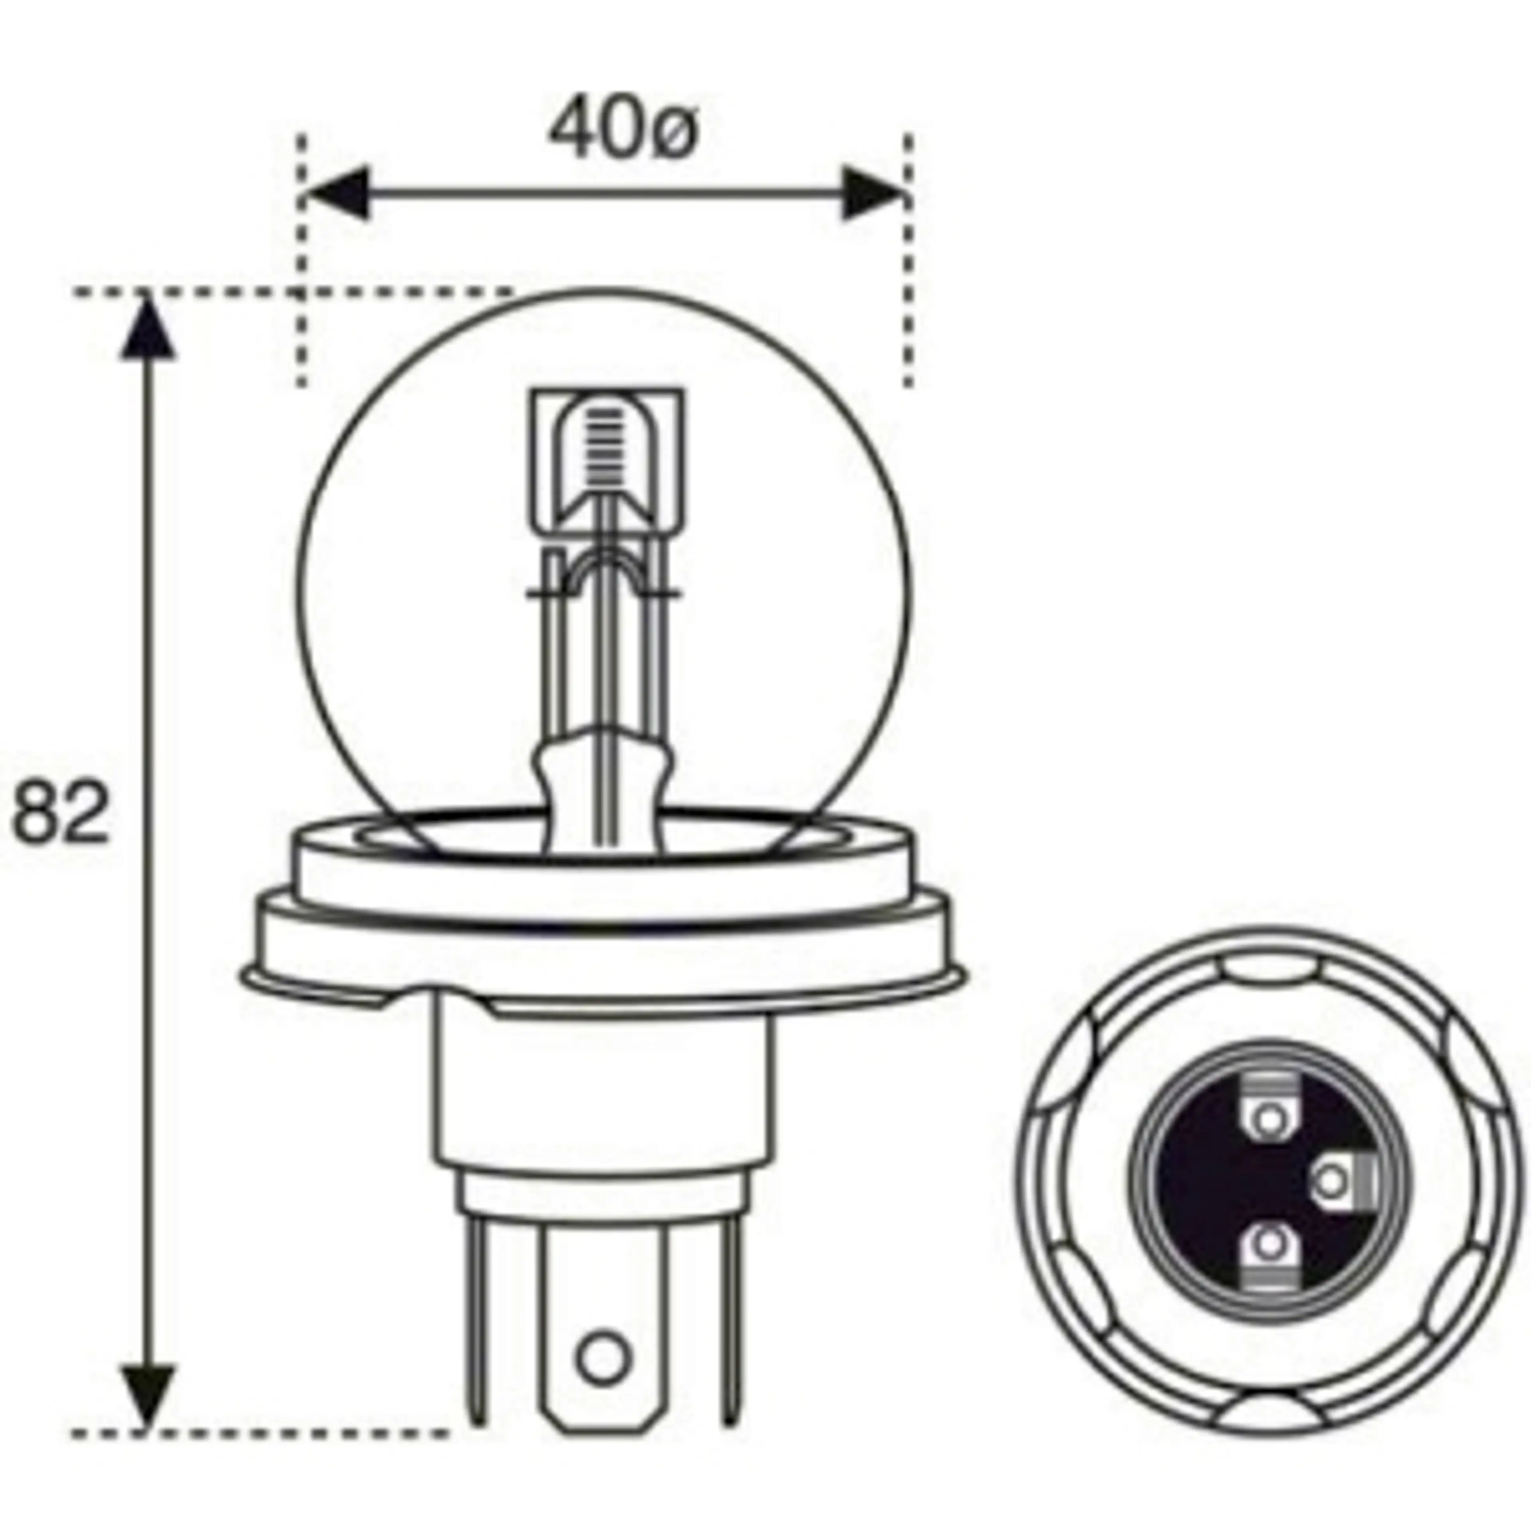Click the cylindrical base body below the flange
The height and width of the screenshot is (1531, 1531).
pos(602,1102)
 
